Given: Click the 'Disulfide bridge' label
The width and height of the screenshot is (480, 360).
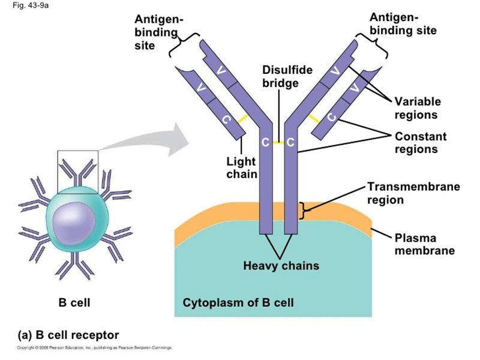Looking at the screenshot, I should click(287, 76).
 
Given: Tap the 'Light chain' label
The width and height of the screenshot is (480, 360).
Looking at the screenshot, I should click(241, 168).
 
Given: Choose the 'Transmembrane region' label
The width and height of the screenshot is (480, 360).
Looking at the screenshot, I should click(413, 193).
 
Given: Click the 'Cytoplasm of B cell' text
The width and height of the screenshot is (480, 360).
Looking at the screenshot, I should click(238, 302).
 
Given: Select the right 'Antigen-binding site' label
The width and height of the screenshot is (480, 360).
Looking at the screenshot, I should click(403, 23).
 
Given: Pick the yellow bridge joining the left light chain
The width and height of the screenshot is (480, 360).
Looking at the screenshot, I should click(242, 119).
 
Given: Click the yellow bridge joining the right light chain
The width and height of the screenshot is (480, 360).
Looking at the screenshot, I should click(313, 118).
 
